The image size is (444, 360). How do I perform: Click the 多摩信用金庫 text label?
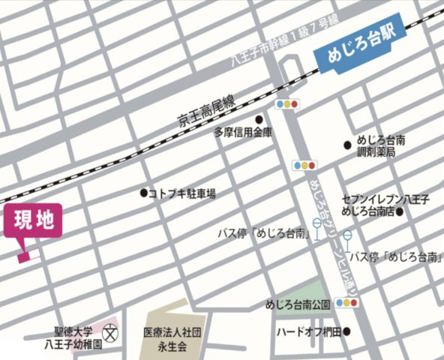(242, 133)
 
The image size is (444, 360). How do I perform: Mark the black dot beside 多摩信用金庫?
(259, 119)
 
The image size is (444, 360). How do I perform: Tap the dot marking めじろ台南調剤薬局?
(347, 145)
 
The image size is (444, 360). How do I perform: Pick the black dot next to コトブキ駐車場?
(143, 193)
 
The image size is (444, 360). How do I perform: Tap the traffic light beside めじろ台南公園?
(347, 303)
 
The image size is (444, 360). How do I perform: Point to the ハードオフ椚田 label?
(308, 331)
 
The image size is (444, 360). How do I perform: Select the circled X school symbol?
(112, 330)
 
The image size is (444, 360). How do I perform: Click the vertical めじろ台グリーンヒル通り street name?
(324, 225)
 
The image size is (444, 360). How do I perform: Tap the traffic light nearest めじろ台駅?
(287, 103)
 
